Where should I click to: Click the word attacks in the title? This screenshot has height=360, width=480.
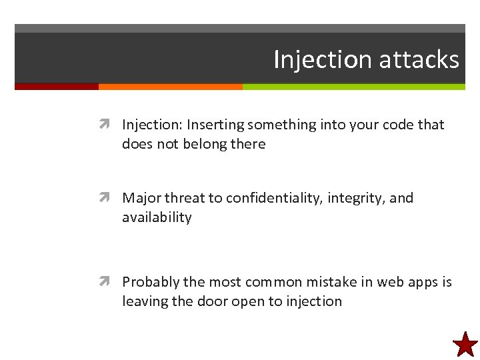tap(419, 60)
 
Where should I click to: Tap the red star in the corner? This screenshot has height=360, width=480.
tap(465, 345)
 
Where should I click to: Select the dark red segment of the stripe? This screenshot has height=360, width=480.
tap(57, 86)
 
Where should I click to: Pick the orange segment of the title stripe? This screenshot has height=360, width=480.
tap(170, 86)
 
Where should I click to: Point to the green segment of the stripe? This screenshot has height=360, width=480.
tap(353, 86)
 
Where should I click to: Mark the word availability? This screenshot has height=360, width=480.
tap(157, 217)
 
